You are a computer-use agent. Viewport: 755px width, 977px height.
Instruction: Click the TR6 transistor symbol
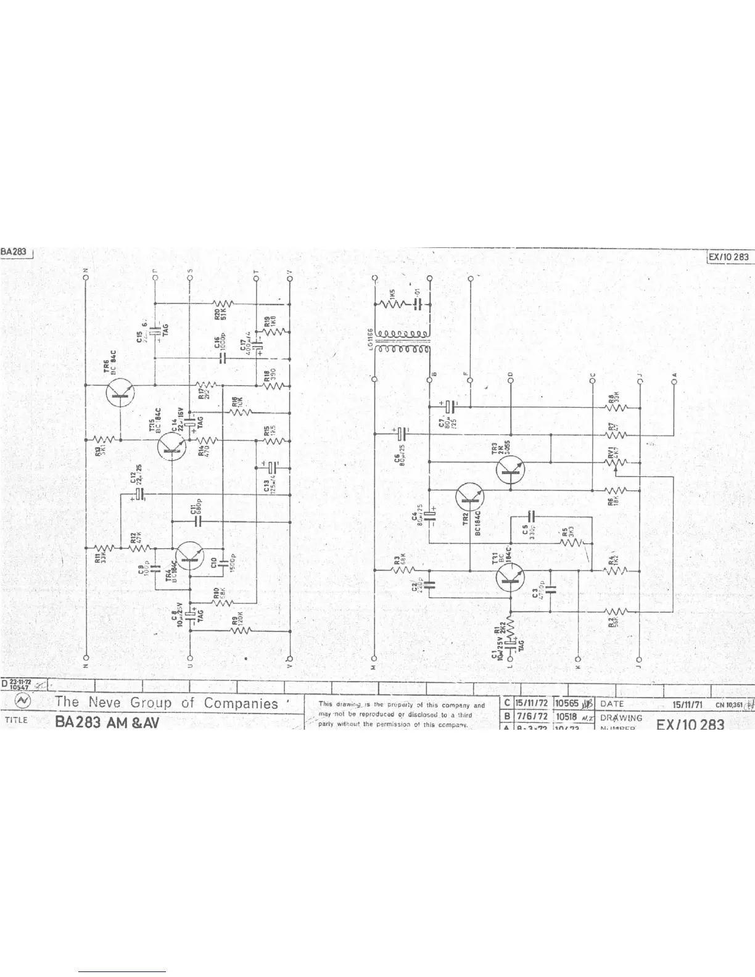coord(120,392)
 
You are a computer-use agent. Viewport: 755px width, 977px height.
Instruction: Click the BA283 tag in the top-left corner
coord(14,252)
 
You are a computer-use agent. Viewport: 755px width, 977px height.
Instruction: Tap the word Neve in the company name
coord(107,702)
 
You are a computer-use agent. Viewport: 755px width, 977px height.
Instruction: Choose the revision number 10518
coord(566,717)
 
